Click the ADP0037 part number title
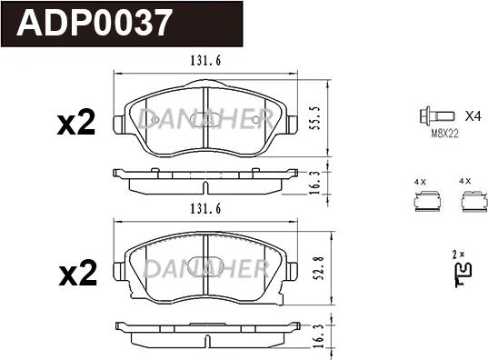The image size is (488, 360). coord(95,23)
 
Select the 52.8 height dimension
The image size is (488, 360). coord(319,269)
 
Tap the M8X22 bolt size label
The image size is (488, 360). coord(444,134)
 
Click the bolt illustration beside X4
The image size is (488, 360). coord(436,116)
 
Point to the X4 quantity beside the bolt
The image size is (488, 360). coord(473,116)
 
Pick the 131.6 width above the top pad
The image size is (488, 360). coord(205,60)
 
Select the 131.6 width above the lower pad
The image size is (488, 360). coord(205,208)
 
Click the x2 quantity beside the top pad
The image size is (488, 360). coord(76,123)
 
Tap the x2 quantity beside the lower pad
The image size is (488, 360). coord(78,273)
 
